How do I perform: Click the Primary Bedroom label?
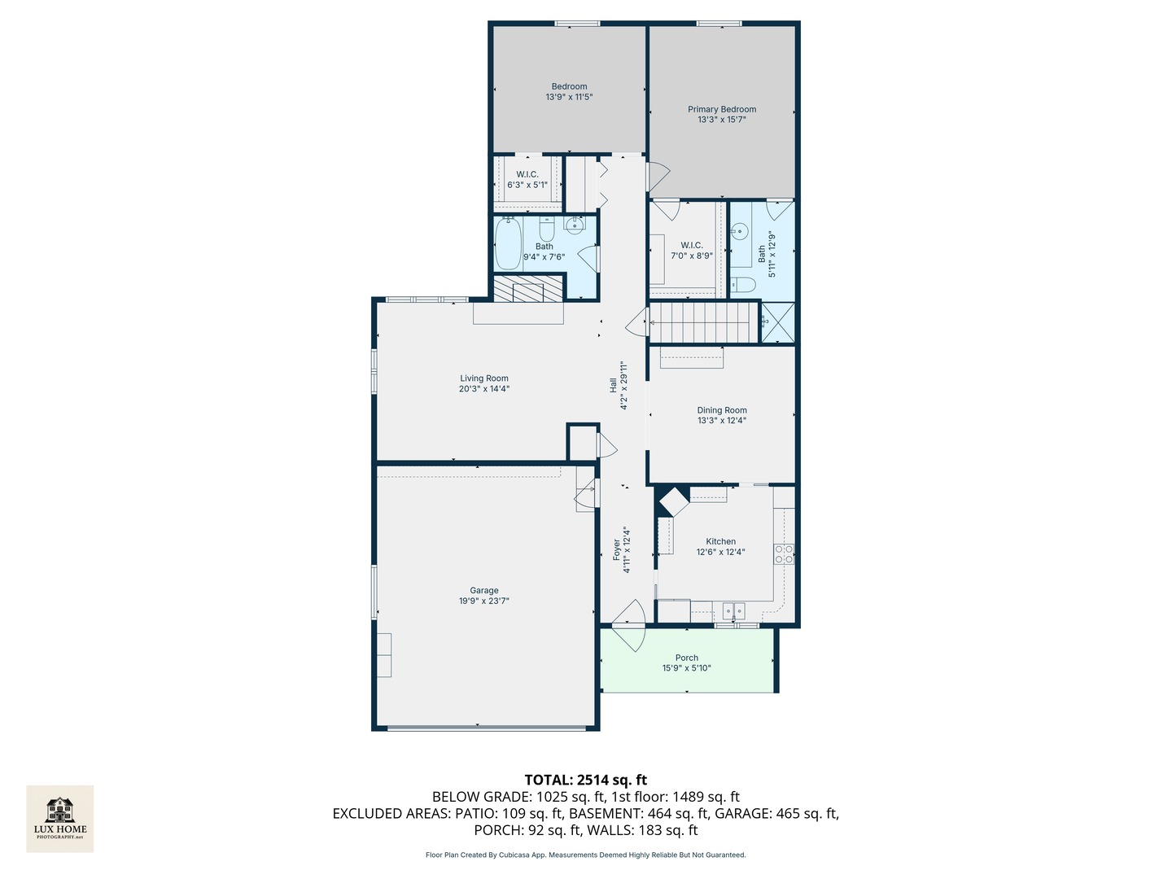pyautogui.click(x=721, y=109)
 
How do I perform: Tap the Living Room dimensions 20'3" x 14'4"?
pyautogui.click(x=483, y=389)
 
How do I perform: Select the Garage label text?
pyautogui.click(x=483, y=590)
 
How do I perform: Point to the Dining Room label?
pyautogui.click(x=721, y=410)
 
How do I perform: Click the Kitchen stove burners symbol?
pyautogui.click(x=783, y=554)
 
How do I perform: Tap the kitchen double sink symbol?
pyautogui.click(x=733, y=610)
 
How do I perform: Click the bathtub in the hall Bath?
pyautogui.click(x=507, y=244)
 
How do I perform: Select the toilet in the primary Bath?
pyautogui.click(x=741, y=285)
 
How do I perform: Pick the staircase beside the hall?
pyautogui.click(x=704, y=323)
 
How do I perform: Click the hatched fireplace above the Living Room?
pyautogui.click(x=527, y=288)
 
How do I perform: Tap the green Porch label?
pyautogui.click(x=686, y=658)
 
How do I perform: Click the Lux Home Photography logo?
pyautogui.click(x=59, y=819)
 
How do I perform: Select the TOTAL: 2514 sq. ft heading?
pyautogui.click(x=585, y=781)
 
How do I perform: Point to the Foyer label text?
pyautogui.click(x=616, y=549)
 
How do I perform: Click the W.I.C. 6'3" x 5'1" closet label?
pyautogui.click(x=527, y=180)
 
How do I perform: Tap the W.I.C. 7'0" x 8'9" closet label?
pyautogui.click(x=692, y=251)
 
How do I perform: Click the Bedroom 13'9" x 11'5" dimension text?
pyautogui.click(x=569, y=97)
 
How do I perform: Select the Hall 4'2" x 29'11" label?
pyautogui.click(x=619, y=386)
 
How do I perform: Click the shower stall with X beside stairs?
pyautogui.click(x=777, y=323)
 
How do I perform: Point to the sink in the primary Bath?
pyautogui.click(x=740, y=232)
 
